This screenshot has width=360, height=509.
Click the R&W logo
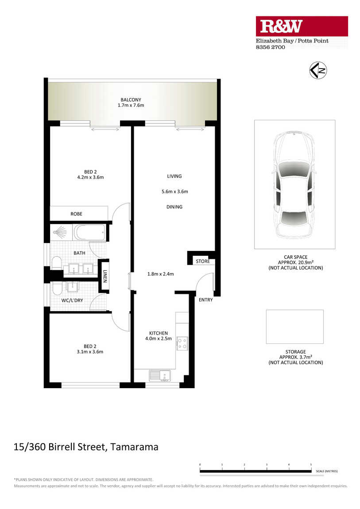[302, 26]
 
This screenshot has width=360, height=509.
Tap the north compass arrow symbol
[318, 70]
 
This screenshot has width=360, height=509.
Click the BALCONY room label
[131, 100]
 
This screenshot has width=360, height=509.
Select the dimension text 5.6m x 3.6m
[174, 192]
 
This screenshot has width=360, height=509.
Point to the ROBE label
[76, 214]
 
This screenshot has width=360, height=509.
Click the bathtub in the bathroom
[89, 232]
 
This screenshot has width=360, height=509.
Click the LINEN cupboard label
[105, 276]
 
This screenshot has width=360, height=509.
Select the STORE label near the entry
[203, 261]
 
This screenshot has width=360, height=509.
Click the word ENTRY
[206, 300]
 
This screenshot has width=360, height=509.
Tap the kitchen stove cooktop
[182, 343]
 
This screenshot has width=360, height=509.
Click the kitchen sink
[160, 376]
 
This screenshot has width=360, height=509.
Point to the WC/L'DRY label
[72, 301]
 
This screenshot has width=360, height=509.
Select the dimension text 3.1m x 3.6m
[90, 351]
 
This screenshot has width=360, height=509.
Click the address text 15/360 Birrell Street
[60, 447]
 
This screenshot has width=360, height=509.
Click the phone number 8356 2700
[271, 47]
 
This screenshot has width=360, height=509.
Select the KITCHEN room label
[159, 333]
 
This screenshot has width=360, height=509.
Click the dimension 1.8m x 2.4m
[160, 274]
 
